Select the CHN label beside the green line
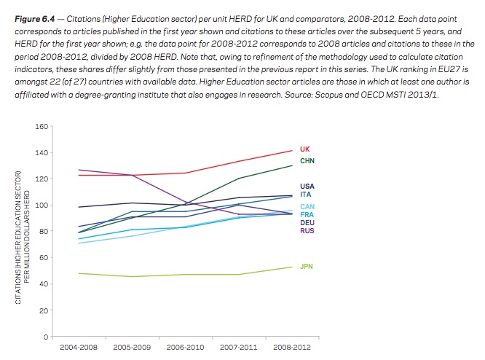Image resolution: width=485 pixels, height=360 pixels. pyautogui.click(x=307, y=160)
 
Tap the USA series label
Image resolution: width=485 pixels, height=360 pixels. pyautogui.click(x=307, y=187)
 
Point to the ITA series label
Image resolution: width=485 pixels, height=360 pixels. pyautogui.click(x=305, y=195)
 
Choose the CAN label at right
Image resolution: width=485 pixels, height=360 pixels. pyautogui.click(x=307, y=207)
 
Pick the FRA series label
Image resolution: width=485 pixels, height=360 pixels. pyautogui.click(x=306, y=215)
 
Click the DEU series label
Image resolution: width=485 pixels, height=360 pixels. pyautogui.click(x=307, y=223)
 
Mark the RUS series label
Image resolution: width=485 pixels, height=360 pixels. pyautogui.click(x=307, y=231)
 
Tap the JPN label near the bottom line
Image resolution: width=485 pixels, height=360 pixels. pyautogui.click(x=307, y=267)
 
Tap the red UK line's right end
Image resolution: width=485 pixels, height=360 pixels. pyautogui.click(x=291, y=151)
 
